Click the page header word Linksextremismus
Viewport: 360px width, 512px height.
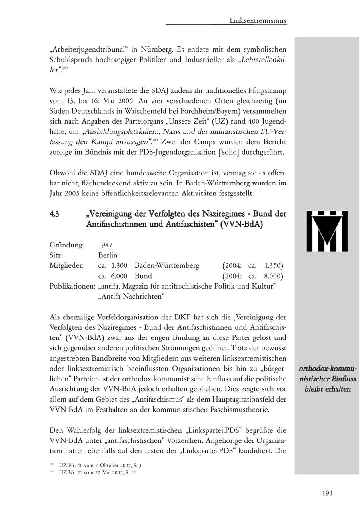[258, 20]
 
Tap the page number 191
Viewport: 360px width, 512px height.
[327, 493]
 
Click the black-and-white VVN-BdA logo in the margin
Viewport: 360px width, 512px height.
[327, 231]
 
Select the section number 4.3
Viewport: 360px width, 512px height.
[55, 214]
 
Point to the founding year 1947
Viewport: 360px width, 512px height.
[105, 245]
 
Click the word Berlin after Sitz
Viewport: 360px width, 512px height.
[108, 255]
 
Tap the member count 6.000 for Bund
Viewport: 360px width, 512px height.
[119, 276]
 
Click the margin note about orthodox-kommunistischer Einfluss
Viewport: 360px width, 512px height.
[327, 379]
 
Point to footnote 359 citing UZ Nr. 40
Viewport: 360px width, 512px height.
[100, 466]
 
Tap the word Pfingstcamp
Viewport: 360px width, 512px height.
[264, 90]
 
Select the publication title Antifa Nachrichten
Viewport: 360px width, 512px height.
[132, 297]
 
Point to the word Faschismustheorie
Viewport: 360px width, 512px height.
[238, 410]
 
